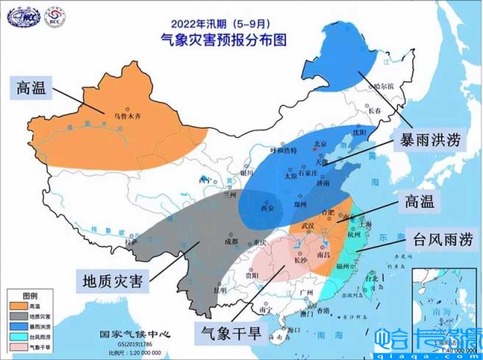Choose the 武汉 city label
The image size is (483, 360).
click(x=308, y=225)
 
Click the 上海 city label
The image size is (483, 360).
click(x=364, y=219)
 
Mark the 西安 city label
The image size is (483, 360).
click(x=267, y=208)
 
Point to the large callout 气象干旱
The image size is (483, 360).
click(x=232, y=333)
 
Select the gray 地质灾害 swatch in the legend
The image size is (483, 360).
click(x=18, y=314)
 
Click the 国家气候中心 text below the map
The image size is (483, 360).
click(x=135, y=333)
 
